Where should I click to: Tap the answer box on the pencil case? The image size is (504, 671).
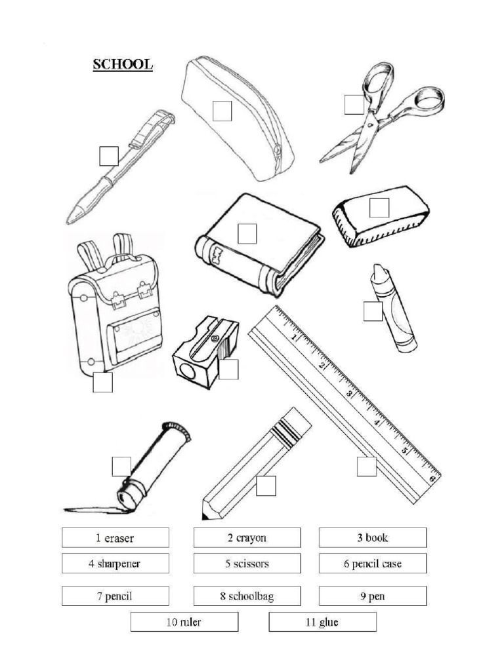222,111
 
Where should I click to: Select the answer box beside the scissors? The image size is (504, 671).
354,104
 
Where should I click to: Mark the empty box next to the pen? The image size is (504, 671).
108,156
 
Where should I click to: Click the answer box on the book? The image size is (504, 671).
247,233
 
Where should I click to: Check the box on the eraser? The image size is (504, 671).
379,208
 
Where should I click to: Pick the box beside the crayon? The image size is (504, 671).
373,311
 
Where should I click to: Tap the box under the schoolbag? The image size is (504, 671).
102,382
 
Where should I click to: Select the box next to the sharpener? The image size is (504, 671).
228,370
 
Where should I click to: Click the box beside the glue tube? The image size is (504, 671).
121,467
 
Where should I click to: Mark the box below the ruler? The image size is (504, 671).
366,467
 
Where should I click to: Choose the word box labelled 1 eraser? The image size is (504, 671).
115,538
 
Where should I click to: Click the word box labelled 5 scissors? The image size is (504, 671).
247,563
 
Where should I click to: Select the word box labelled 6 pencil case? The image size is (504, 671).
373,563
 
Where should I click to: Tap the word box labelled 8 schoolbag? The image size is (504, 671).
247,596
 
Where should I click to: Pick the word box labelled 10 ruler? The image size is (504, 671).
184,622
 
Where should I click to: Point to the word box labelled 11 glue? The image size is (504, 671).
322,622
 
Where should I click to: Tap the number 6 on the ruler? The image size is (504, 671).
432,478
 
